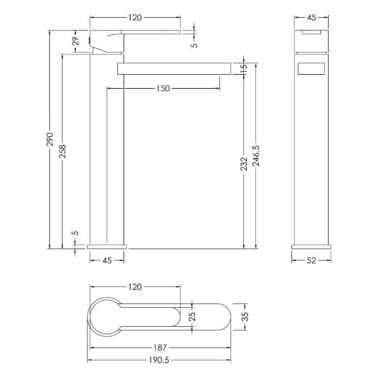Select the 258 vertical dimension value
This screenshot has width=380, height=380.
click(x=62, y=153)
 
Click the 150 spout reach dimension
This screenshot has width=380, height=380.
click(x=163, y=88)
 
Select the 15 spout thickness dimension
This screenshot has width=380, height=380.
click(x=244, y=68)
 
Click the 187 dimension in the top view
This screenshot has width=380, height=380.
click(x=160, y=347)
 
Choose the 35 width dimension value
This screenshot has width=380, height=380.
click(x=245, y=316)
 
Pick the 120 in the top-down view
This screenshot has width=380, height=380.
click(x=134, y=287)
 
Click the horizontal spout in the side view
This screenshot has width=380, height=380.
click(x=174, y=68)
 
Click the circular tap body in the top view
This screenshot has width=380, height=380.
click(x=105, y=316)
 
